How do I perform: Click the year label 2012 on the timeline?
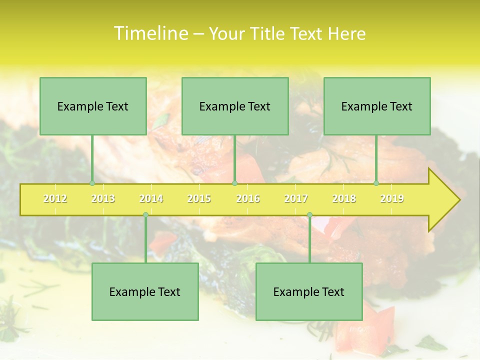(x=55, y=198)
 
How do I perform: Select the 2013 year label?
(x=103, y=198)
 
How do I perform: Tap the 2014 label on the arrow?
(x=151, y=198)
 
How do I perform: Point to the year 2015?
(x=199, y=198)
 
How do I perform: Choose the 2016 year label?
(x=248, y=198)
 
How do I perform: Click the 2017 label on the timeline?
(x=296, y=198)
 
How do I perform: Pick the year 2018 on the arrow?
(x=344, y=198)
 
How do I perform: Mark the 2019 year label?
(x=392, y=198)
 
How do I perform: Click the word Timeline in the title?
(x=150, y=33)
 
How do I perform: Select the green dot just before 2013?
(x=92, y=183)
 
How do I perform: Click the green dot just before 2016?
(x=234, y=183)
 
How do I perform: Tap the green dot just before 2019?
(x=376, y=183)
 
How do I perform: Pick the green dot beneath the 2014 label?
(x=145, y=215)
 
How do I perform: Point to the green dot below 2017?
(x=309, y=215)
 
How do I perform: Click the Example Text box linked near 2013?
(x=93, y=106)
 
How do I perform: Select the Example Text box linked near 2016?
(x=235, y=106)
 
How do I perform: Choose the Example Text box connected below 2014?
(x=145, y=291)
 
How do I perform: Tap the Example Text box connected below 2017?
(x=309, y=291)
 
